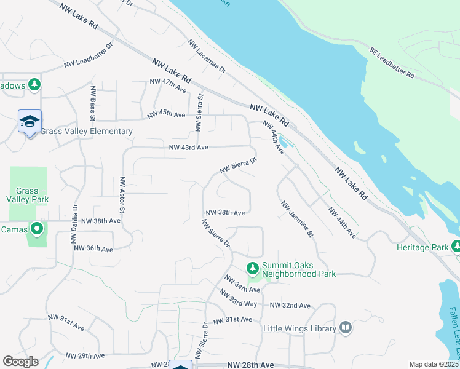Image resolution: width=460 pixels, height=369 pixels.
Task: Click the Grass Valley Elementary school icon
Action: (x=30, y=122)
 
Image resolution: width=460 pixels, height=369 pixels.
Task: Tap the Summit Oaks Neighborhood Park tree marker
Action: (x=252, y=268)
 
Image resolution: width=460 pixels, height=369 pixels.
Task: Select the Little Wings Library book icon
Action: (x=345, y=328)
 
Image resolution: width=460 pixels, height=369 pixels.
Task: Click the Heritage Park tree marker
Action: (x=456, y=247)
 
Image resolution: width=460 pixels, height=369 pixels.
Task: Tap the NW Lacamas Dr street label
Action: (x=207, y=57)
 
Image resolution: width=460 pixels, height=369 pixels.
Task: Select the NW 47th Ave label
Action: (x=168, y=85)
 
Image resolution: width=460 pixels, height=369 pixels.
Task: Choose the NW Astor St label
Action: (x=122, y=195)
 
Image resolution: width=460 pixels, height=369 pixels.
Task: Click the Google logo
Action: (x=20, y=362)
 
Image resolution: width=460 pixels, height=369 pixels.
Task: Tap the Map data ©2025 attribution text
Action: (x=434, y=364)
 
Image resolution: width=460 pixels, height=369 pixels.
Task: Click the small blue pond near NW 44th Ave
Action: (x=284, y=143)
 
